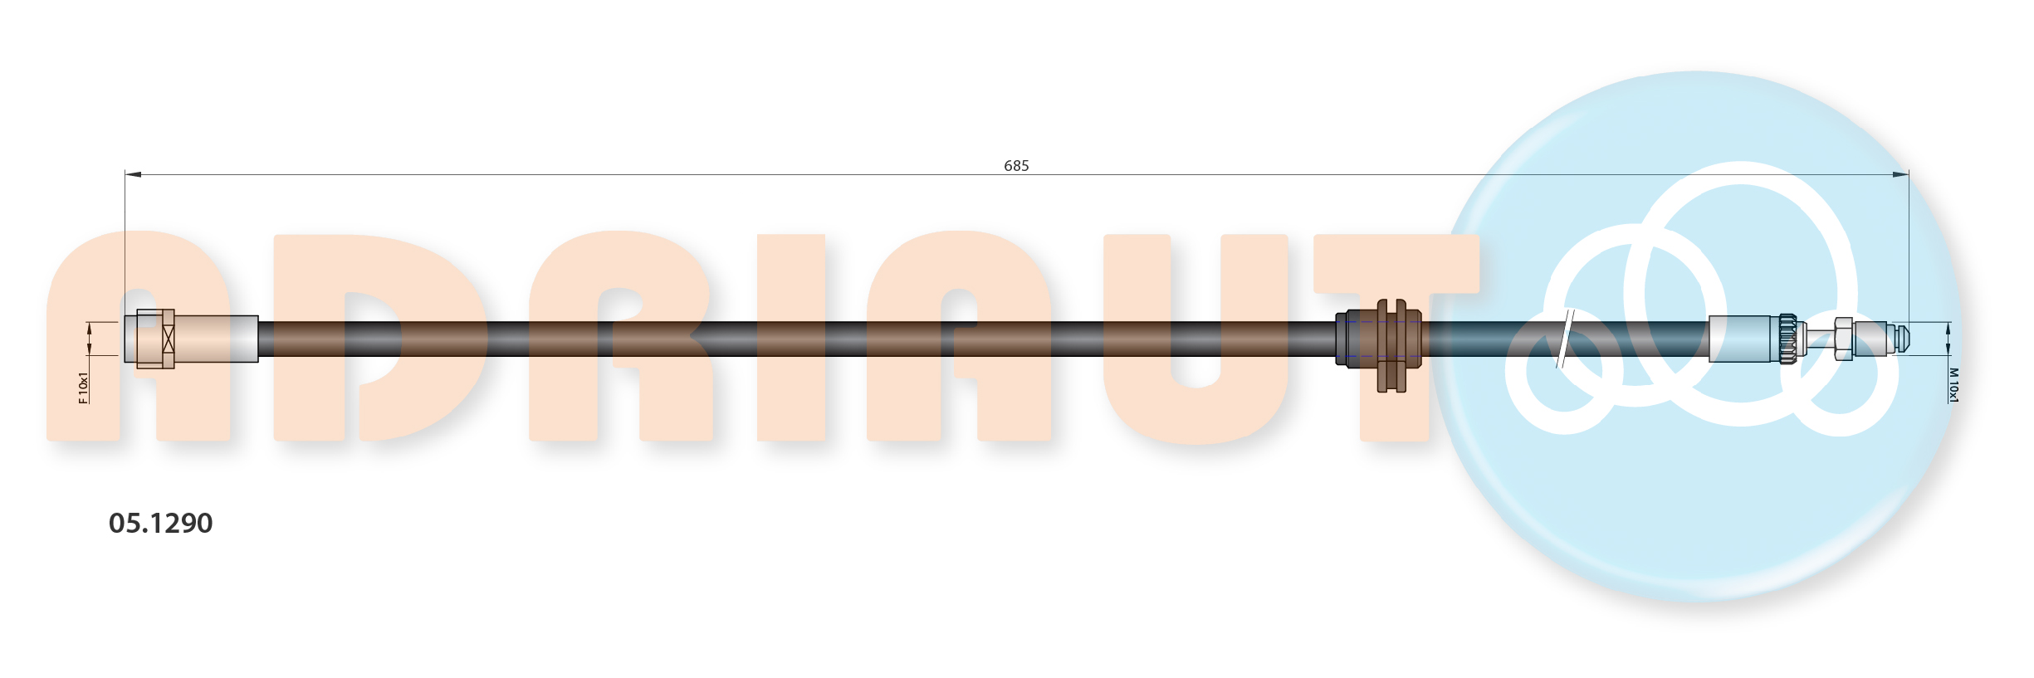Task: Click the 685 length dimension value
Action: click(x=1016, y=166)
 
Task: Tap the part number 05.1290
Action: click(x=161, y=523)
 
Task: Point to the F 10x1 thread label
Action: click(x=83, y=388)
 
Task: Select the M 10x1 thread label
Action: click(x=1953, y=386)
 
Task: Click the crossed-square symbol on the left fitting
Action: click(x=169, y=339)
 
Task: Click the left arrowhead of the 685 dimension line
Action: click(x=133, y=174)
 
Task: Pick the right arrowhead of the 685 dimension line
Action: click(x=1900, y=174)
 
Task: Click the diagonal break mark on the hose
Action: click(x=1565, y=339)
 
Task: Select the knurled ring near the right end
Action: click(x=1789, y=339)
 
